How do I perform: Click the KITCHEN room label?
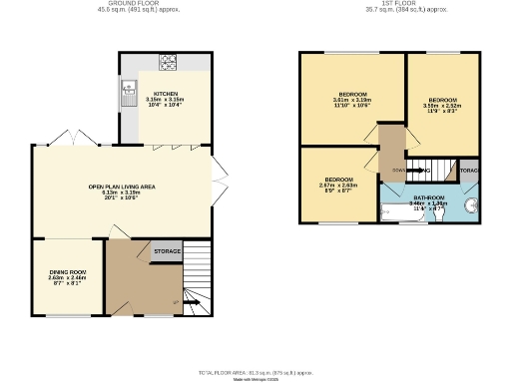tap(167, 93)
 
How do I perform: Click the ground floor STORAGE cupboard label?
tap(167, 251)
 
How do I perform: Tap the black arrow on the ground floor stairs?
tap(191, 301)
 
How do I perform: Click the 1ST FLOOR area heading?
tap(389, 4)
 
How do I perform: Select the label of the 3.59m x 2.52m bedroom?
tap(443, 101)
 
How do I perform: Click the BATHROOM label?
tap(429, 197)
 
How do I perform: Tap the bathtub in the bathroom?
tap(395, 210)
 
